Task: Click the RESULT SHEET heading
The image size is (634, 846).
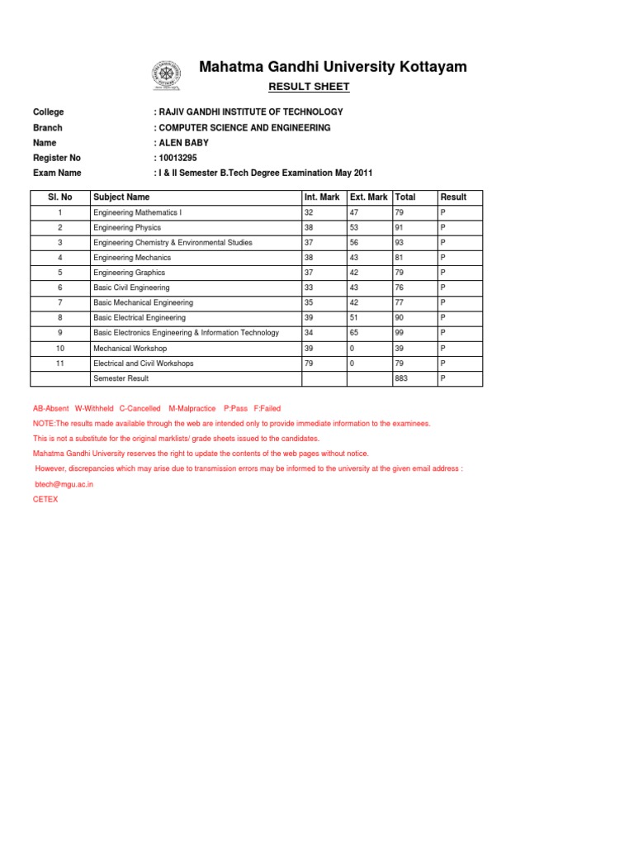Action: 310,87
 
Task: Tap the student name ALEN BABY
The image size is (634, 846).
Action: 183,143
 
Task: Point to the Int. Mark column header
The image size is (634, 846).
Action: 322,197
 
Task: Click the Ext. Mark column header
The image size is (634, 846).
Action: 368,197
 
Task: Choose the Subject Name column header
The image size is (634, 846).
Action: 121,197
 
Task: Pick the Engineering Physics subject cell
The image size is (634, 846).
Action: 127,228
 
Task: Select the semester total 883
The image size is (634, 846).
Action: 403,378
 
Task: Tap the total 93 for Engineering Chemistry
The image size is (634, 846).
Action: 400,243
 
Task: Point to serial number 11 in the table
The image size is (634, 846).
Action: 59,364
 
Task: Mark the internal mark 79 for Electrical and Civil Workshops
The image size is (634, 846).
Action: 310,364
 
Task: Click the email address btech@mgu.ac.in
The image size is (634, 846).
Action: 64,484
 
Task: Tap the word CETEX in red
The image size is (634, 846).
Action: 45,499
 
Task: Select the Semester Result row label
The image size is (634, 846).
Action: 121,378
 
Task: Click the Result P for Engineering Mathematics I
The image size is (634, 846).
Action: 442,212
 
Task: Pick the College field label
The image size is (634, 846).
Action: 48,112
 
